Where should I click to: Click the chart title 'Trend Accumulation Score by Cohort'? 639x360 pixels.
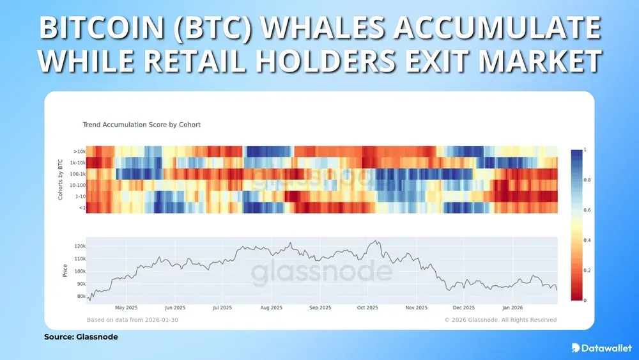(x=142, y=125)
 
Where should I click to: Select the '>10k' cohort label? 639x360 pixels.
(x=79, y=152)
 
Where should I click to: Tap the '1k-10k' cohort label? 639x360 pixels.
(x=77, y=163)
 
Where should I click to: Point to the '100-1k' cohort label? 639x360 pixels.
(x=77, y=174)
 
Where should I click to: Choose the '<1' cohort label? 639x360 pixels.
(x=81, y=207)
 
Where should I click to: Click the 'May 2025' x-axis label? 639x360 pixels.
(x=127, y=308)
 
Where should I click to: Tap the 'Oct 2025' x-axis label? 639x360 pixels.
(x=368, y=308)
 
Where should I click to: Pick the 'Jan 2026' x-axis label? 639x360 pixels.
(x=512, y=308)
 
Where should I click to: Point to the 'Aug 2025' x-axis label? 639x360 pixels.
(x=272, y=308)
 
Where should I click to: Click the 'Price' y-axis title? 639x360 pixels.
(x=65, y=270)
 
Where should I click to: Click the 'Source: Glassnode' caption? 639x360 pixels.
(x=81, y=336)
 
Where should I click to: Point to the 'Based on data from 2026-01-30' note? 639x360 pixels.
(x=132, y=320)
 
